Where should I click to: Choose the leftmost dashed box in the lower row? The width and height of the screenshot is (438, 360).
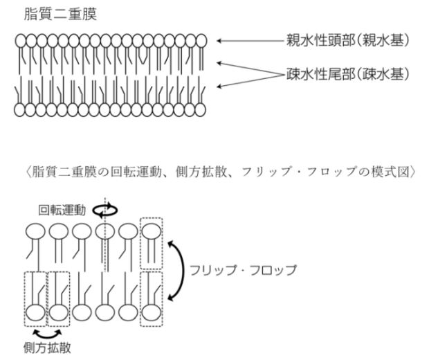coord(33,299)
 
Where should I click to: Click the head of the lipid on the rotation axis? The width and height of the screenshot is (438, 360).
coord(104,231)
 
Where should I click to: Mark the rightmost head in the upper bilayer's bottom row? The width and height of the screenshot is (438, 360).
coord(201,109)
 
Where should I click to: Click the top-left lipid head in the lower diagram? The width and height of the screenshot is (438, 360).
coord(33,231)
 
